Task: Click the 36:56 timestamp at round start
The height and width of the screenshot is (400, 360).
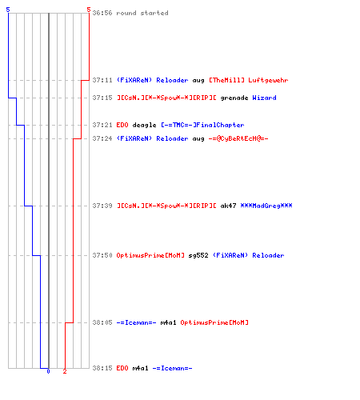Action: pos(102,13)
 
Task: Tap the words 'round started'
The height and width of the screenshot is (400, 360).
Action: pos(142,13)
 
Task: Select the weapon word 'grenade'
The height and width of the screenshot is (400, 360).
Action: pos(234,98)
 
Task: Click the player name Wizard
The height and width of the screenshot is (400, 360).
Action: pos(264,98)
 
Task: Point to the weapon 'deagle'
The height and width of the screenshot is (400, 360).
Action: pos(144,125)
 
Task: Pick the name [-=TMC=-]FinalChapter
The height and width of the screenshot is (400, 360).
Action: pos(202,125)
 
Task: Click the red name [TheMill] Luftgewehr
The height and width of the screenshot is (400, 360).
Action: pos(249,80)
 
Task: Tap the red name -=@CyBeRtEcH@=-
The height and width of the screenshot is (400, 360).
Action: pos(238,138)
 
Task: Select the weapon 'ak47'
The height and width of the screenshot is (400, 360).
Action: pos(228,206)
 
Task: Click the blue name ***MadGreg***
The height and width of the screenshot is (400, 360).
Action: pos(266,206)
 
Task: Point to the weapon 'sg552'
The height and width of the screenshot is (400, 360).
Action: pos(198,255)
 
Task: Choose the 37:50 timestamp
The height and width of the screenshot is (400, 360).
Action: pos(102,255)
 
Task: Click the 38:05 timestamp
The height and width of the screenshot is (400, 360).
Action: pos(102,322)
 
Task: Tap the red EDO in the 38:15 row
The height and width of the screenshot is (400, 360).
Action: pos(122,368)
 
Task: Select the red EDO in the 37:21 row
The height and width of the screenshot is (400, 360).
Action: pos(122,125)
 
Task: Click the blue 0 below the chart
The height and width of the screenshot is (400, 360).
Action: pos(48,371)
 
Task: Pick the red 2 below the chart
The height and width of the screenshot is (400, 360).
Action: pos(65,371)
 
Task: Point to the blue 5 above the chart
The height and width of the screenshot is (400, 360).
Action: pos(8,10)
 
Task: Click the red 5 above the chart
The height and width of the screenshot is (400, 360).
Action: pos(89,10)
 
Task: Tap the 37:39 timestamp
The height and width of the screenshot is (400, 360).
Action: pos(102,206)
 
